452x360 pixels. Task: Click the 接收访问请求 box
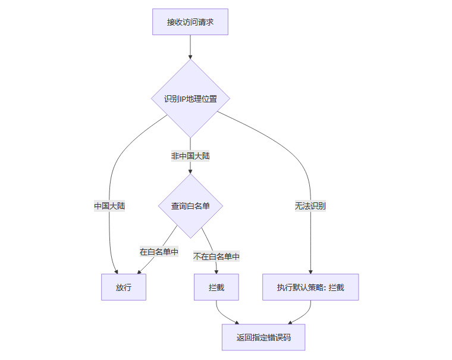[x=190, y=23]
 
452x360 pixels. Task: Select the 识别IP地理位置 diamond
[x=190, y=98]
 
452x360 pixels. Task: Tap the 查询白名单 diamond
[x=190, y=206]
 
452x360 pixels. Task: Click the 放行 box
[x=124, y=287]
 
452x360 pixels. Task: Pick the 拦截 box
[x=216, y=287]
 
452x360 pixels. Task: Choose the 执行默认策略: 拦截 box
[x=310, y=287]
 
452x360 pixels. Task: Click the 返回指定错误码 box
[x=263, y=337]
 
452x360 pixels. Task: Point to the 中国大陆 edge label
[x=109, y=206]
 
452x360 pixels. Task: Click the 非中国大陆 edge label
[x=190, y=156]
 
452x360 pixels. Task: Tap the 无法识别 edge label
[x=310, y=206]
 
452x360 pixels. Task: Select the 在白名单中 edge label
[x=159, y=252]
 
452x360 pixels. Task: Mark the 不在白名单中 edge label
[x=216, y=256]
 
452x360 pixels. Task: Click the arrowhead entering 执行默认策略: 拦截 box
[x=310, y=271]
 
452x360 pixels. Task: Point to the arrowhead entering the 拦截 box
[x=216, y=271]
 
